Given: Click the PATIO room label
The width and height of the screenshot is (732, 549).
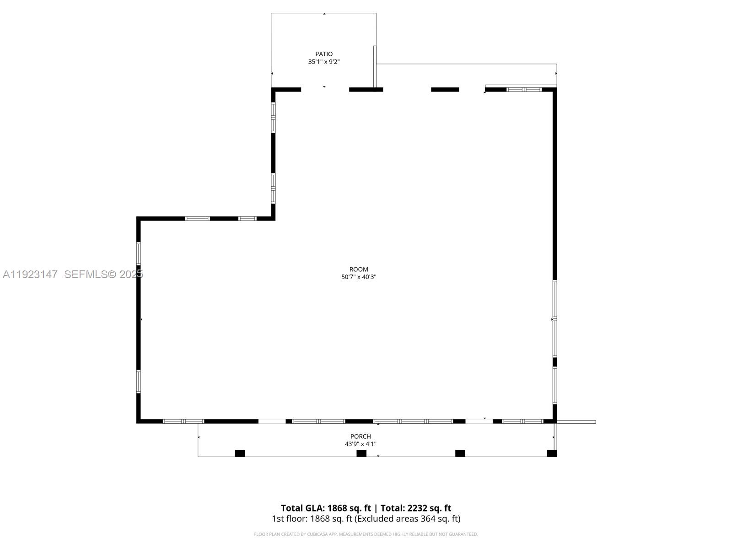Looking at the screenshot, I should [324, 54].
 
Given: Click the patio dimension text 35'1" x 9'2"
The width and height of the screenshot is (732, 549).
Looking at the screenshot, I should [324, 62].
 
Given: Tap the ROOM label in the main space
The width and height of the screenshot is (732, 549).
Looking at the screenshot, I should [359, 269].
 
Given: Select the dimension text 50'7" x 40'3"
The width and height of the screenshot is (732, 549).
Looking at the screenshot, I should [359, 277].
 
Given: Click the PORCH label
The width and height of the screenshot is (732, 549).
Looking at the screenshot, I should [361, 436].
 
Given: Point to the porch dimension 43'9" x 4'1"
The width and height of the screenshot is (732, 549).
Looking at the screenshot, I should [361, 444].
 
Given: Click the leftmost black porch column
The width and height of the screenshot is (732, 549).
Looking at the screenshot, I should [240, 453].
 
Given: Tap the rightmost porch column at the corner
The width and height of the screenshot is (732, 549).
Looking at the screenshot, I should [552, 453].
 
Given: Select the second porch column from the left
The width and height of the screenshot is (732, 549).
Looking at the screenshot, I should [361, 453].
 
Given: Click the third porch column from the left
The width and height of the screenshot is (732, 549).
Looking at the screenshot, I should [460, 453].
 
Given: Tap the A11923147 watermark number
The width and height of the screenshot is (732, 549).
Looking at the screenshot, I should [30, 274].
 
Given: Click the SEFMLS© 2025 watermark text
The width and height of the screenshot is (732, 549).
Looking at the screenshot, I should [103, 274].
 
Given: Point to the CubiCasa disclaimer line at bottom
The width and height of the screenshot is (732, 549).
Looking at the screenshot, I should [366, 534].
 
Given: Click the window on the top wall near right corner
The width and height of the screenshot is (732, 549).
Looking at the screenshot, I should [524, 90].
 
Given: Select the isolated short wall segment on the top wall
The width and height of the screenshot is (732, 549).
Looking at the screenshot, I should [445, 90].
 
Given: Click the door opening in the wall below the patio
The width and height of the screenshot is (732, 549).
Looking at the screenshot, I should [325, 89].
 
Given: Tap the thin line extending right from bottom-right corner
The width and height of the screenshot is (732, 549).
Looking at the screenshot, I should [576, 422].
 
